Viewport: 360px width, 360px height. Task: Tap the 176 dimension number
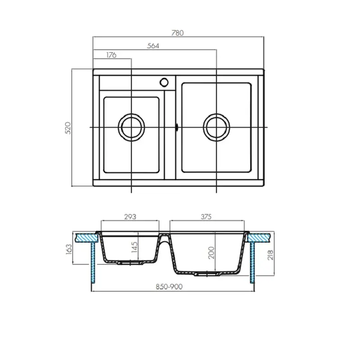point(111,55)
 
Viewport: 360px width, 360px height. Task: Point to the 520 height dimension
point(67,128)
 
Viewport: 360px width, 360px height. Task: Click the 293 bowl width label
point(130,216)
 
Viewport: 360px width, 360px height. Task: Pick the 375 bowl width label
point(206,216)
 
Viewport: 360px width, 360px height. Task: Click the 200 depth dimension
point(211,253)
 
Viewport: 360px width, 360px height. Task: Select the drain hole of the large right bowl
point(216,126)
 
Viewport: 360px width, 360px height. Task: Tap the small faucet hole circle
point(164,82)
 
